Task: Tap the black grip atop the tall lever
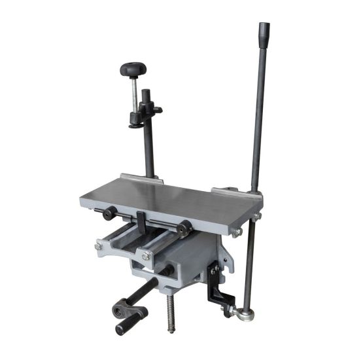click(264, 33)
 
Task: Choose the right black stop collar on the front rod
click(184, 228)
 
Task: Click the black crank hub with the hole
click(120, 306)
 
